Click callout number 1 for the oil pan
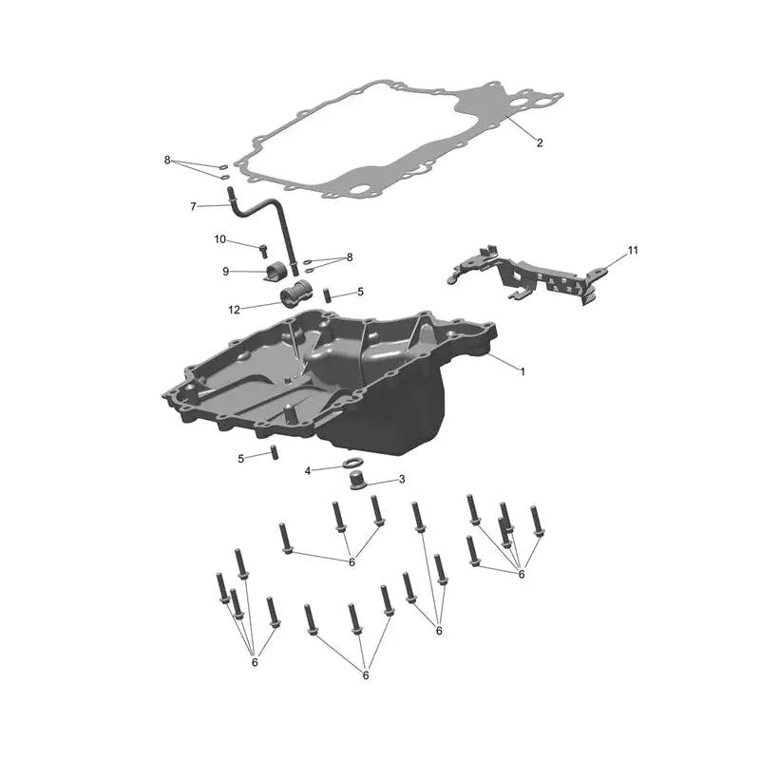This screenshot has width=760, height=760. (x=522, y=371)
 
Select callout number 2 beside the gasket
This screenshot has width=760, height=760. (x=540, y=142)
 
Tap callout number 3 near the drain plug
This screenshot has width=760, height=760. (x=402, y=480)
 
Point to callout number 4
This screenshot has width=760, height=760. (x=307, y=470)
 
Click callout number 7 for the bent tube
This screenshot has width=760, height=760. (x=194, y=207)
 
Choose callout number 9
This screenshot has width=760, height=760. (x=226, y=272)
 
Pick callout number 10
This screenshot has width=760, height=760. (x=220, y=239)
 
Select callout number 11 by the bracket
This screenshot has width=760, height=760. (x=633, y=251)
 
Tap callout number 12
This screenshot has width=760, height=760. (x=234, y=310)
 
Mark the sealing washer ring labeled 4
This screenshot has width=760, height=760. (x=351, y=462)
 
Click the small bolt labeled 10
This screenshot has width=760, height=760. (x=263, y=251)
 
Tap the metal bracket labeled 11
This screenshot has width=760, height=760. (x=528, y=275)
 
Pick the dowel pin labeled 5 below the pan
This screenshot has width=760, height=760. (x=275, y=452)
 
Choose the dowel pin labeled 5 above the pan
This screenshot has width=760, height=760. (x=326, y=294)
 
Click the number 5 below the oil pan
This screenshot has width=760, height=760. (x=241, y=459)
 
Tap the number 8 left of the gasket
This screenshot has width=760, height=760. (x=167, y=160)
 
